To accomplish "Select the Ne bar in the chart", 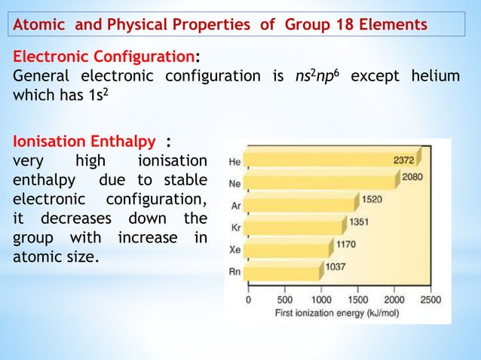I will coord(320,182).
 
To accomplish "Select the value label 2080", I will coord(412,177).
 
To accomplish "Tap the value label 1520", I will coord(371,200).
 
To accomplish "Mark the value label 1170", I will coord(346,244).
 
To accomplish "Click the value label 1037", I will coord(335,266).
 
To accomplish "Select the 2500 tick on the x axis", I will coord(430,299).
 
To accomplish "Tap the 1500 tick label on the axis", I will coord(357,299).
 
